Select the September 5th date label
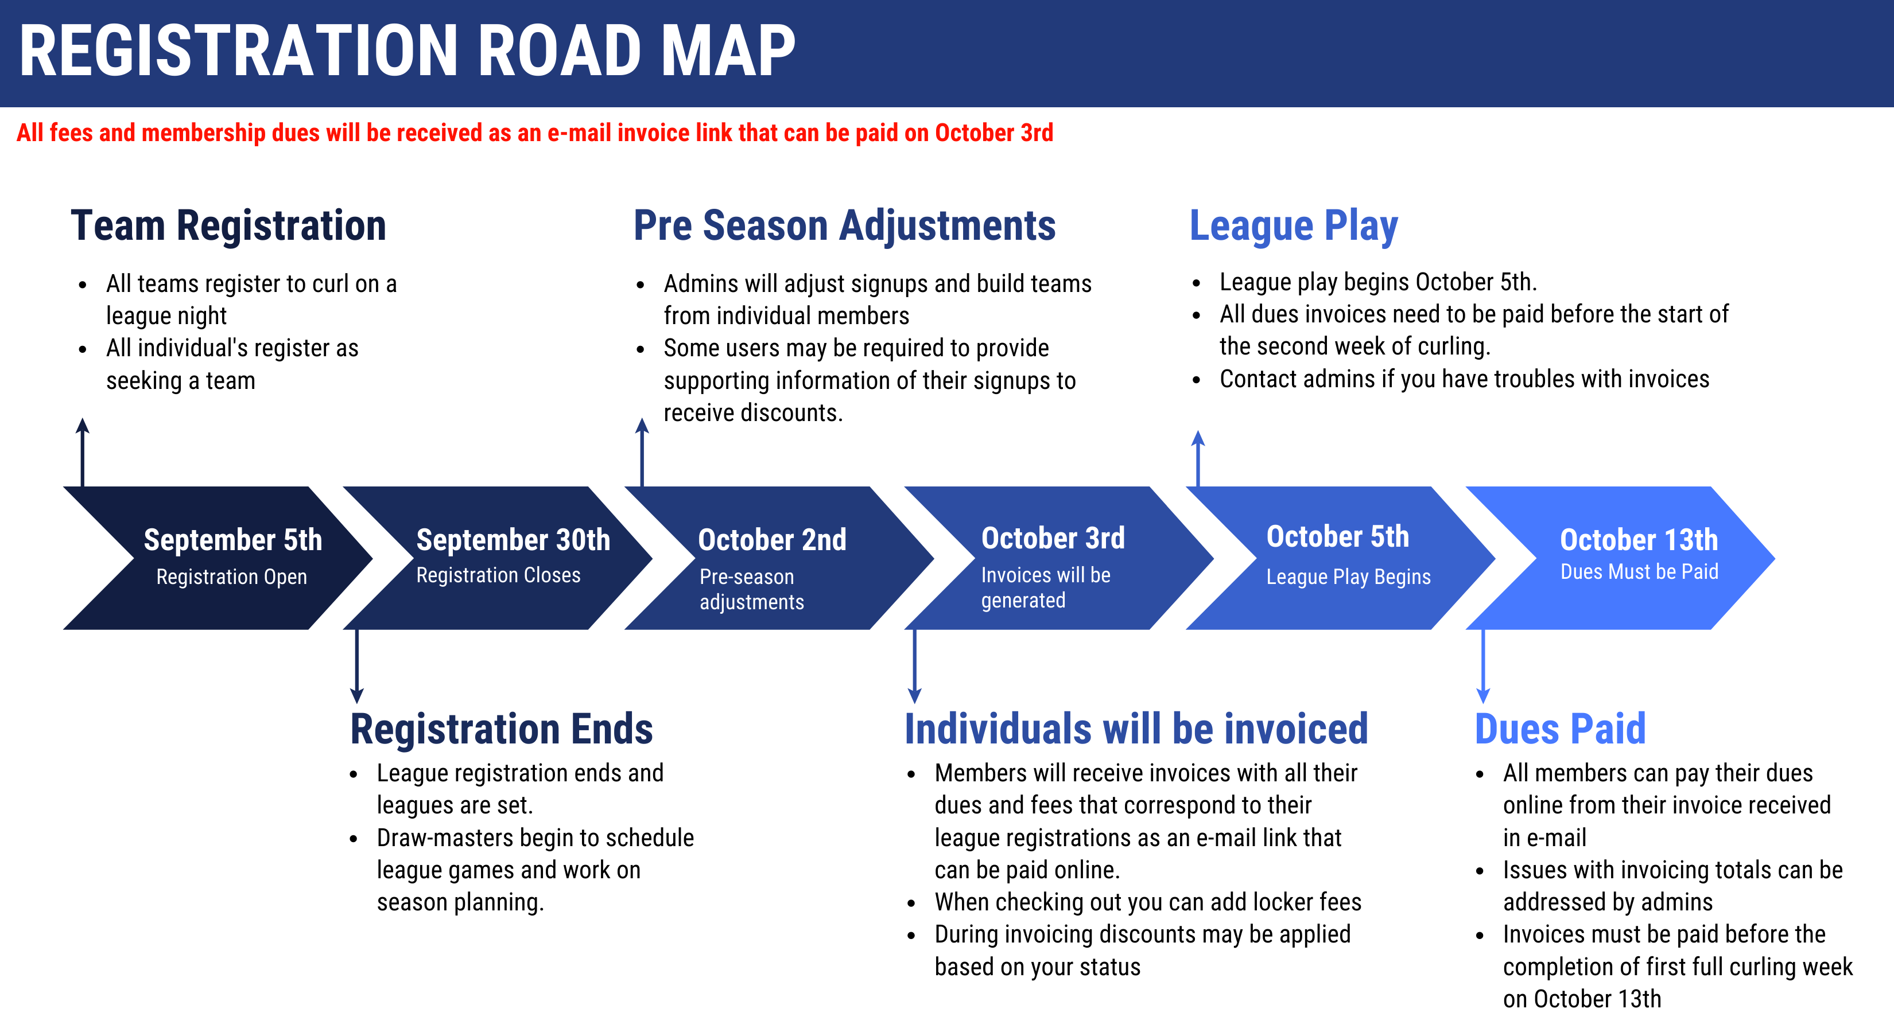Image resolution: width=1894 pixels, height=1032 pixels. point(233,540)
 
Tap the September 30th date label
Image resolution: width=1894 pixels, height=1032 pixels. point(513,540)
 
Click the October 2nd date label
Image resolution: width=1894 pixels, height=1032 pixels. point(772,540)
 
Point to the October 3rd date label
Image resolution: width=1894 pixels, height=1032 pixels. point(1053,538)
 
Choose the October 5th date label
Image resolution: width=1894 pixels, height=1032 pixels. point(1337,536)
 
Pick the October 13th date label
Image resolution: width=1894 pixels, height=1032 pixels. point(1639,540)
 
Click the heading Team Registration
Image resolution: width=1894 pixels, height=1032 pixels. point(228,225)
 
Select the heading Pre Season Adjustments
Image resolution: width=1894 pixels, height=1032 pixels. point(845,225)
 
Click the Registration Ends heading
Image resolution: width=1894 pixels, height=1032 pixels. point(502,729)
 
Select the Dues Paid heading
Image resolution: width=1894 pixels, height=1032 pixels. point(1560,729)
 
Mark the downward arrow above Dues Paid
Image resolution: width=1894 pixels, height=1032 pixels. point(1483,666)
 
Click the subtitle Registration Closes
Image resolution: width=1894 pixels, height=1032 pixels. point(499,575)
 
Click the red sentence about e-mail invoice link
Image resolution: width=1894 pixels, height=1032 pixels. point(534,133)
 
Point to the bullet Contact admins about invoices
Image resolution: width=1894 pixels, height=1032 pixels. point(1464,379)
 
